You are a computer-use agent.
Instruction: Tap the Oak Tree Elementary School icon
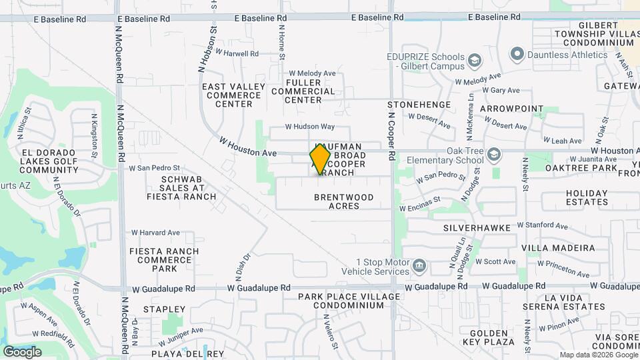[494, 155]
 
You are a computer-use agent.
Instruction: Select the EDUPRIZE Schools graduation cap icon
[474, 62]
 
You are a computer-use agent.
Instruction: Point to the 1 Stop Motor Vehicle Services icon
[419, 267]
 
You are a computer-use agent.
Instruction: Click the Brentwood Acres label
[343, 201]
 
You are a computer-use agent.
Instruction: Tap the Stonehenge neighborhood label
[419, 105]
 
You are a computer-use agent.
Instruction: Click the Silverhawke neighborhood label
[477, 228]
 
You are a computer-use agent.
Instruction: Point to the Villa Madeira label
[557, 247]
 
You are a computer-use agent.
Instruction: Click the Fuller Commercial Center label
[303, 91]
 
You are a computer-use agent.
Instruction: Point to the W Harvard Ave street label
[155, 233]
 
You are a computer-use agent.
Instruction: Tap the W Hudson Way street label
[309, 127]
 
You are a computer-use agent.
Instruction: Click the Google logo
[22, 351]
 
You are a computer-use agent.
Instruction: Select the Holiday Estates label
[587, 197]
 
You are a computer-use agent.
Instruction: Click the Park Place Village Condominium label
[349, 301]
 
